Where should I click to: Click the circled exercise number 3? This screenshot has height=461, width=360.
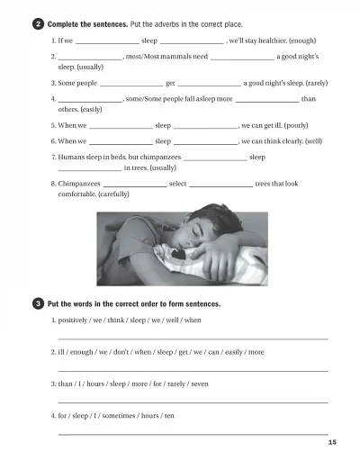coord(38,303)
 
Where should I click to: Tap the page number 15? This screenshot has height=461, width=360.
coord(332,442)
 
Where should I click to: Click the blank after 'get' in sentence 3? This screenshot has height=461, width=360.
coord(209,83)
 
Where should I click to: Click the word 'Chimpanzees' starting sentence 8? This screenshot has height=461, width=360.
coord(80,184)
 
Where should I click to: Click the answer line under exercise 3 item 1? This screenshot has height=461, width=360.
coord(193,339)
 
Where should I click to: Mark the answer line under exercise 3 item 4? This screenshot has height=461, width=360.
coord(193,434)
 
